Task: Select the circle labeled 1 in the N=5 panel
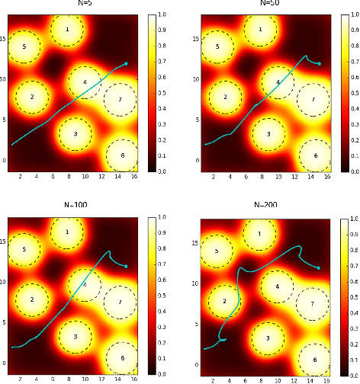(68, 30)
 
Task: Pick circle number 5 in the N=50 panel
(218, 47)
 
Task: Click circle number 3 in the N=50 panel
(267, 134)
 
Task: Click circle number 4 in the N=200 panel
(278, 287)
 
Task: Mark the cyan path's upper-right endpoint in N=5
(125, 64)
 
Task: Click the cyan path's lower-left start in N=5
(12, 144)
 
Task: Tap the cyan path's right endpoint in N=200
(318, 267)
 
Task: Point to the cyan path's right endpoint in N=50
(319, 63)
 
